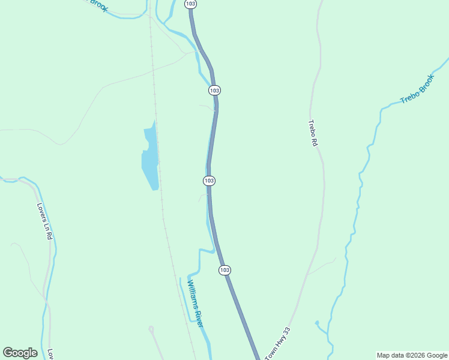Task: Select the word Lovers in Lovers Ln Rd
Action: click(41, 210)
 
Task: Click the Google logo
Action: click(20, 353)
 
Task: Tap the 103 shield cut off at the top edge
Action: click(190, 4)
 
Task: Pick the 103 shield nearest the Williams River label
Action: click(224, 270)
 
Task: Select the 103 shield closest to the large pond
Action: click(209, 181)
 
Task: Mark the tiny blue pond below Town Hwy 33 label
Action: click(317, 323)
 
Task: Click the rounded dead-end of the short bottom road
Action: click(151, 329)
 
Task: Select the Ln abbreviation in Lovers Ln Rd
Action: click(46, 224)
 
